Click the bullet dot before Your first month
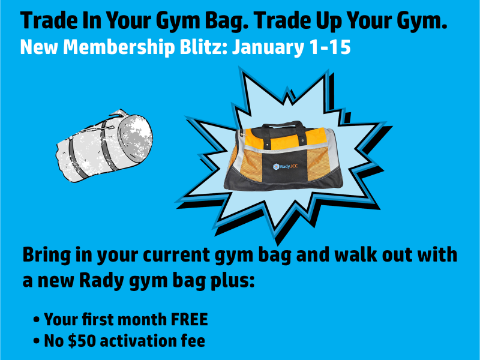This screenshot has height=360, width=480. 37,319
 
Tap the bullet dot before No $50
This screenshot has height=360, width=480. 37,341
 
